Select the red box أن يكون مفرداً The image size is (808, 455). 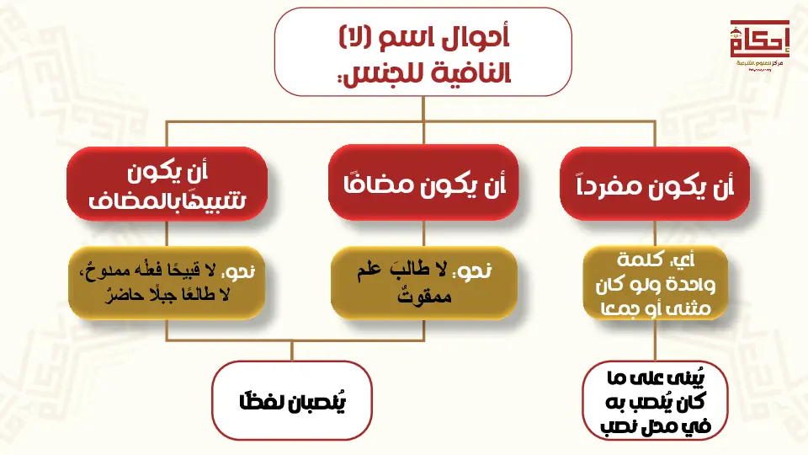[x=654, y=185]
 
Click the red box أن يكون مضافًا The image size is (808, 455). [x=421, y=185]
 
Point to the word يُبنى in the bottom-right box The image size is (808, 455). [x=689, y=379]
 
